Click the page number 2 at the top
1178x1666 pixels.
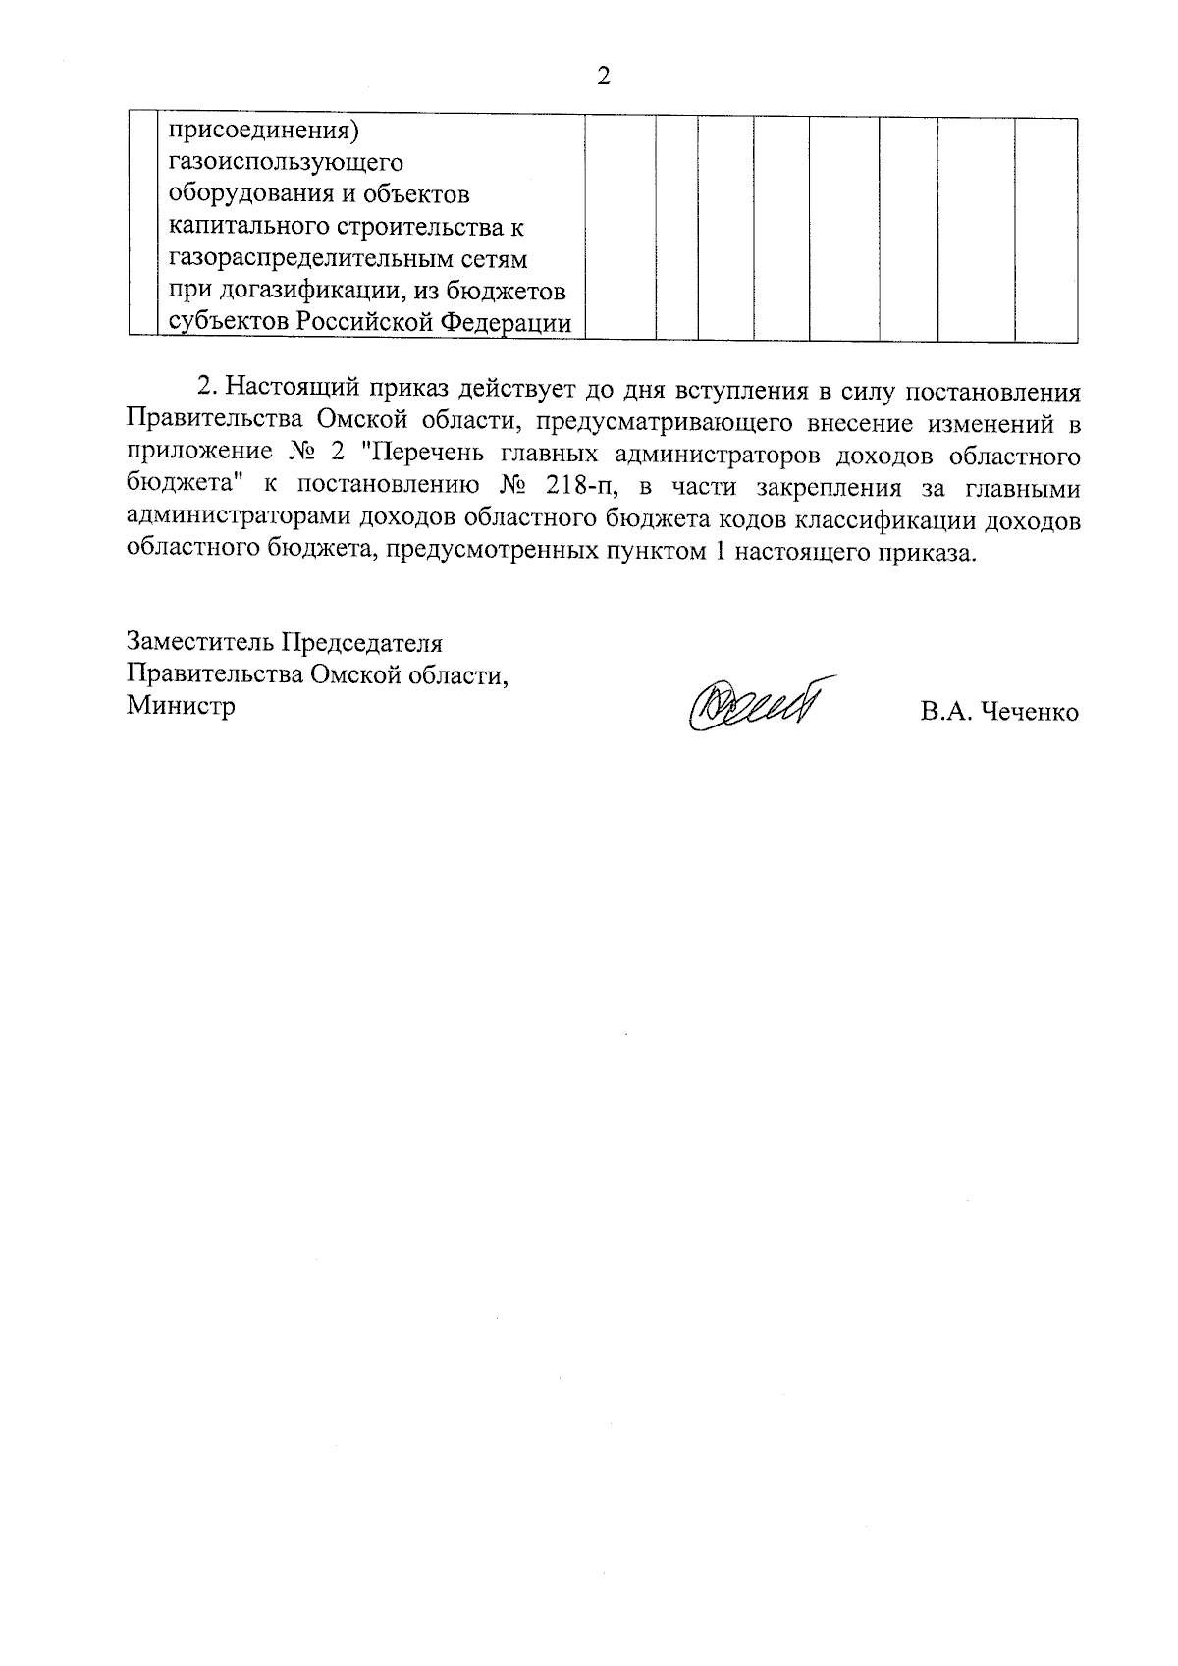pos(603,77)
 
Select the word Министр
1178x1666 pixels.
pos(182,706)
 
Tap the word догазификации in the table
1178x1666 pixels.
pos(316,292)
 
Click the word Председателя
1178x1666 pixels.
pos(362,643)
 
